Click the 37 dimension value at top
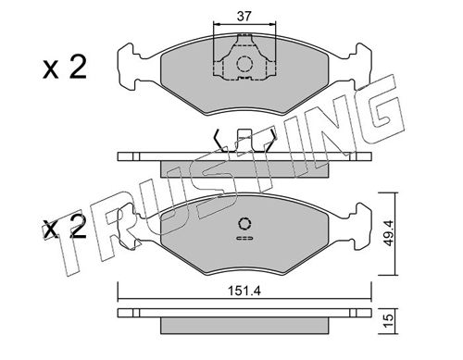point(244,16)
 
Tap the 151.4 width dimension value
point(244,291)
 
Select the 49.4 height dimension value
point(389,233)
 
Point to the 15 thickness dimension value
point(389,321)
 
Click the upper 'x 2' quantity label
point(65,68)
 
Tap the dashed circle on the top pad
point(244,64)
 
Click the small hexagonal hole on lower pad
point(244,224)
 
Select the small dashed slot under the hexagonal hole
point(244,238)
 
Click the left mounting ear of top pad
point(128,67)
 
